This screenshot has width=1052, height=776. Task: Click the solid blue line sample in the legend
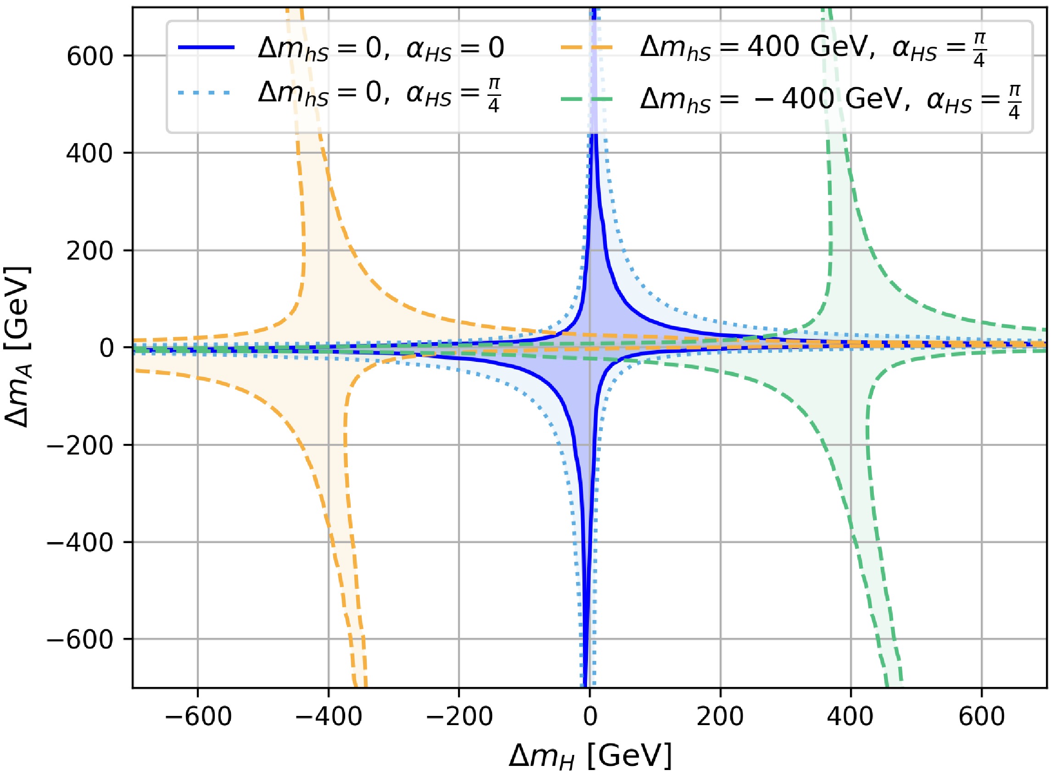206,47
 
